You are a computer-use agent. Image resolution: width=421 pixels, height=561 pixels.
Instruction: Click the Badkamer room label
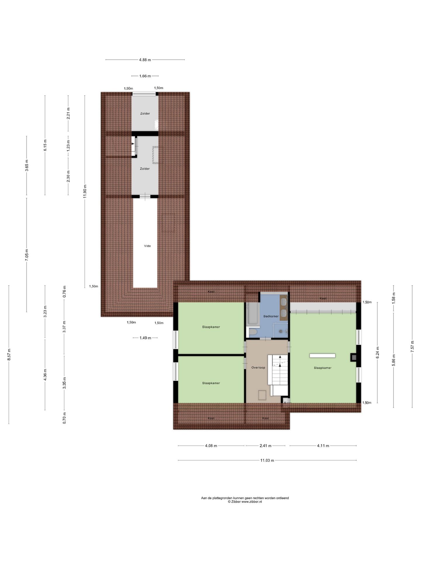click(271, 316)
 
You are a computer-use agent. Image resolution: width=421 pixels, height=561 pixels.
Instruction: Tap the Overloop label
click(258, 368)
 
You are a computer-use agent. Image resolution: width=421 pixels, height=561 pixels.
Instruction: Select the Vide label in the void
click(147, 246)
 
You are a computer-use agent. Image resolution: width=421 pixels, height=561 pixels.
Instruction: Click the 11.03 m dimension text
click(267, 460)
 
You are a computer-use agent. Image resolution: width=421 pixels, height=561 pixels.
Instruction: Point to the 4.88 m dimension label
click(145, 60)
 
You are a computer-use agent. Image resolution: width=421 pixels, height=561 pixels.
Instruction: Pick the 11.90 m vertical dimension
click(85, 191)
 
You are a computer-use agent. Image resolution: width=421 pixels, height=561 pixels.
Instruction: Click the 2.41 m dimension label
click(265, 446)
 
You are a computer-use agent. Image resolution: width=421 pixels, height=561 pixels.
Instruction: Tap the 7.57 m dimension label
click(412, 347)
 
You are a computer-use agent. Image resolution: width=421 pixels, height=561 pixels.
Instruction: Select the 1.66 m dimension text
click(145, 76)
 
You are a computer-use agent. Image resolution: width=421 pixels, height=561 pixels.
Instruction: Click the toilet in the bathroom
click(253, 332)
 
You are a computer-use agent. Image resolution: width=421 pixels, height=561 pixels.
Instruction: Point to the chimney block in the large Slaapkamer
click(353, 357)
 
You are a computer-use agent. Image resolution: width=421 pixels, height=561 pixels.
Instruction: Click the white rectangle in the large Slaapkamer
click(322, 356)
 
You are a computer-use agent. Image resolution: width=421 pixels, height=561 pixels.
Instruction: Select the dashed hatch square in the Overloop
click(262, 395)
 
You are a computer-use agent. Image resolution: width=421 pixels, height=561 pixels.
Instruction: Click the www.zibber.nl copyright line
click(245, 502)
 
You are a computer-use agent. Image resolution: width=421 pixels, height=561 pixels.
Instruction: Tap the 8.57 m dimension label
click(9, 354)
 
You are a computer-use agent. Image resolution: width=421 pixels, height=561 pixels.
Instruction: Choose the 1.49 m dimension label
click(145, 338)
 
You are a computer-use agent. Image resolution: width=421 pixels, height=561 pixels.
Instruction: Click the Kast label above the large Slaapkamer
click(323, 298)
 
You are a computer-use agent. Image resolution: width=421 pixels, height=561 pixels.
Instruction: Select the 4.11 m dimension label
click(323, 446)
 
